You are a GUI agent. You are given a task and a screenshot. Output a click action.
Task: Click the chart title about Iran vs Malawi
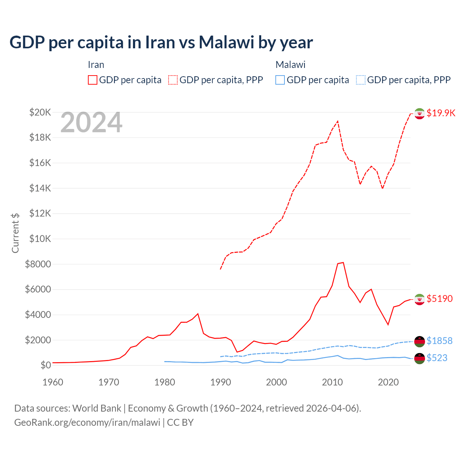coord(161,43)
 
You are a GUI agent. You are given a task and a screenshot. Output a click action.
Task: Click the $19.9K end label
coord(441,113)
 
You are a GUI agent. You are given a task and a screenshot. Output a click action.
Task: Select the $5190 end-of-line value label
coord(440,299)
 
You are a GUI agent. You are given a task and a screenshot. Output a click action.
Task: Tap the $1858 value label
coord(440,341)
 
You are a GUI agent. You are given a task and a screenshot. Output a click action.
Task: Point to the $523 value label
coord(437,358)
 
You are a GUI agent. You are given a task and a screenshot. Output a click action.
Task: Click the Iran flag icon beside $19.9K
coord(420,114)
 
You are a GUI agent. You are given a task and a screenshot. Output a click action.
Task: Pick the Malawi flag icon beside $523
coord(420,358)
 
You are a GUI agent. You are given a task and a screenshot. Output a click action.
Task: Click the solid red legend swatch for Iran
coord(93,80)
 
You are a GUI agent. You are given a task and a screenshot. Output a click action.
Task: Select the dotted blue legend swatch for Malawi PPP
coord(361,80)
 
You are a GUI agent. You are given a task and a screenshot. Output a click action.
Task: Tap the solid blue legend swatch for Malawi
coord(280,80)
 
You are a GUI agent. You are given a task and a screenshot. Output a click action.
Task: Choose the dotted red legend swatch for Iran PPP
coord(173,80)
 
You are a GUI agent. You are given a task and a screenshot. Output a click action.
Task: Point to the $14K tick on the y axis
coord(40,188)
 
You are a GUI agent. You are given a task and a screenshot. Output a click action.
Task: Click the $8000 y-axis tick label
coord(38,264)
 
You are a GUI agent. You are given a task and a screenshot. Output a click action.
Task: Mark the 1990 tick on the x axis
coord(221,382)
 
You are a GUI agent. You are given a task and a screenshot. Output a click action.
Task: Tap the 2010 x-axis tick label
coord(332,382)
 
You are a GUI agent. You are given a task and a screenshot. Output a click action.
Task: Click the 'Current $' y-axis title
coord(15,233)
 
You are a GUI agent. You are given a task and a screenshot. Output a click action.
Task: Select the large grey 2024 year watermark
coord(91,123)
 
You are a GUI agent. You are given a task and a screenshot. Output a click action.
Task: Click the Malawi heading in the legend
coord(290,65)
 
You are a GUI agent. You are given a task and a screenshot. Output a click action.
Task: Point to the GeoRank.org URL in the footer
coord(87,422)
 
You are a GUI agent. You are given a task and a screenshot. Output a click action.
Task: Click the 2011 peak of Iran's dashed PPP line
coord(338,121)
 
